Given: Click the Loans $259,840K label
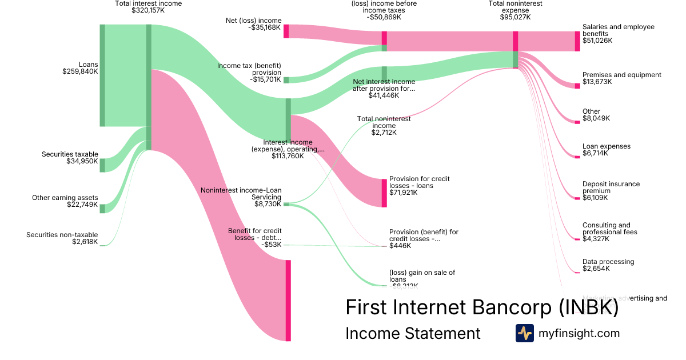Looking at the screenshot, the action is point(80,68).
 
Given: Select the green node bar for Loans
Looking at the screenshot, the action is point(102,75).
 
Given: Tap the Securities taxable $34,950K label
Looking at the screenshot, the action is point(70,158).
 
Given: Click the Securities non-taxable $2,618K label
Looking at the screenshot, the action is point(62,238).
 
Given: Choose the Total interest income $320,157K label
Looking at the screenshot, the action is point(148,7).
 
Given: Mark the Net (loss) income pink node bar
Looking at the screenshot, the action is point(286,31).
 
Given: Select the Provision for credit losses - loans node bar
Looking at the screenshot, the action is point(384,193).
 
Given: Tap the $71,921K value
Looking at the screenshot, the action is point(404,193).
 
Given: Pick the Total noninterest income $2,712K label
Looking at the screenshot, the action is point(384,126).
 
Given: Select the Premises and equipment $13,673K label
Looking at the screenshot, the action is point(621,78).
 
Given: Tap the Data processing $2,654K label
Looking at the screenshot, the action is point(608,265).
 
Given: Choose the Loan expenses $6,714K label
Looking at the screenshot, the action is point(606,150).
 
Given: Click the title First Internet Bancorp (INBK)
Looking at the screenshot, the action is point(481,307).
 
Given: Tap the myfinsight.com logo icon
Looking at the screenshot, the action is point(524,333).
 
